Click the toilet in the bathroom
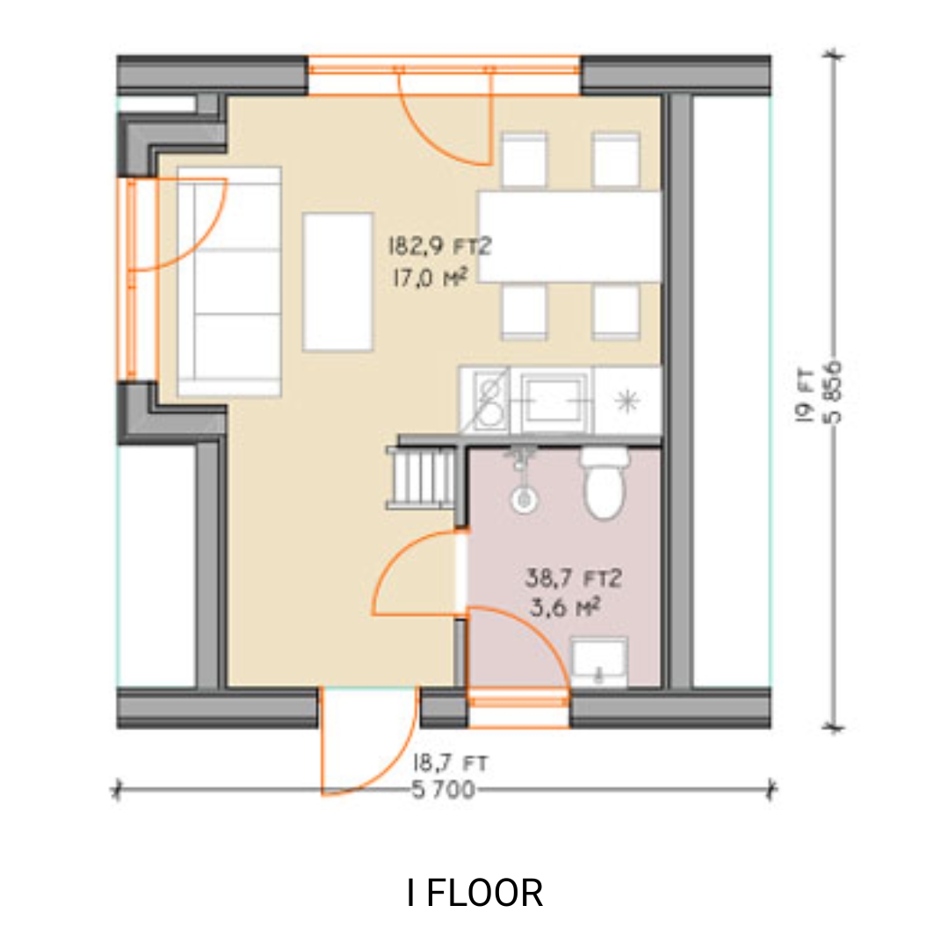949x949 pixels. [604, 486]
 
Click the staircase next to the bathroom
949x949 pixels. [423, 477]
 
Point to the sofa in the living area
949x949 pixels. [229, 281]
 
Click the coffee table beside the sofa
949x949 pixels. [337, 281]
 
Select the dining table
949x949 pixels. [570, 236]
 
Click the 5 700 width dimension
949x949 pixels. [444, 791]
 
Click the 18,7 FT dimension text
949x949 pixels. [450, 764]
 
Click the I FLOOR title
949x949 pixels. [474, 893]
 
